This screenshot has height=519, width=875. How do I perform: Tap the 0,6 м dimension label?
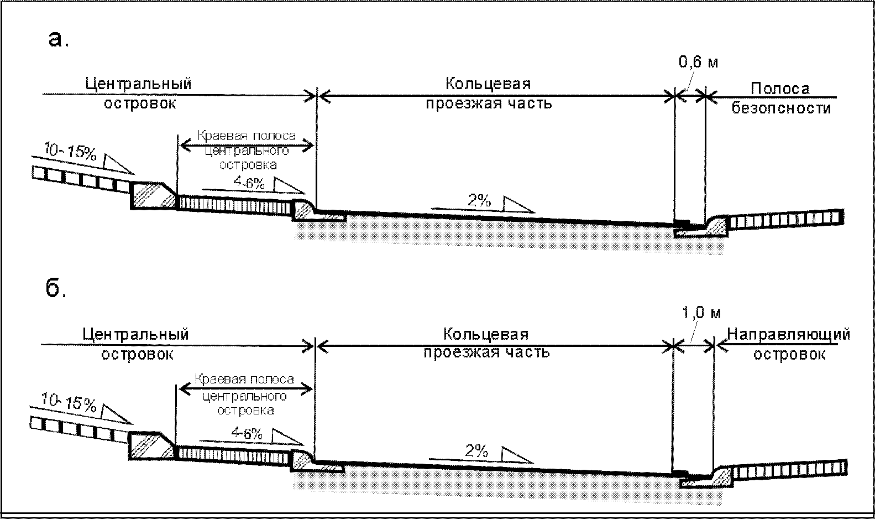[x=698, y=62]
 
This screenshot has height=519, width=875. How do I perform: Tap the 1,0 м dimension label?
[x=701, y=313]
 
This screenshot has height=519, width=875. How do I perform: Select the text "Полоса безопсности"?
[x=780, y=98]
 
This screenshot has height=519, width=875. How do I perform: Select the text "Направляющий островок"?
[x=789, y=344]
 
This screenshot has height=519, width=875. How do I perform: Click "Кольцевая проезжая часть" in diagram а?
[x=489, y=93]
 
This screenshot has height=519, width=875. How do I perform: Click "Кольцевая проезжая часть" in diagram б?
[x=486, y=343]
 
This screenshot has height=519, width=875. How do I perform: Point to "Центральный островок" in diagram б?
[x=137, y=343]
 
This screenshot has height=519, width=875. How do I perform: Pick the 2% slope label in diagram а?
[x=479, y=201]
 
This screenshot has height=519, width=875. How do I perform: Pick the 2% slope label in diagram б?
[x=476, y=451]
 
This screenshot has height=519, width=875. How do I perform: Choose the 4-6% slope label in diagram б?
[x=247, y=433]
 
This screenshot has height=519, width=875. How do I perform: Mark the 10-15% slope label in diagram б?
[x=69, y=403]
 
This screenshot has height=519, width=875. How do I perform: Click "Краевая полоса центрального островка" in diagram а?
[x=247, y=150]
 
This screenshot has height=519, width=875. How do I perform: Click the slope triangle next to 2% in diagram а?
[x=516, y=205]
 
